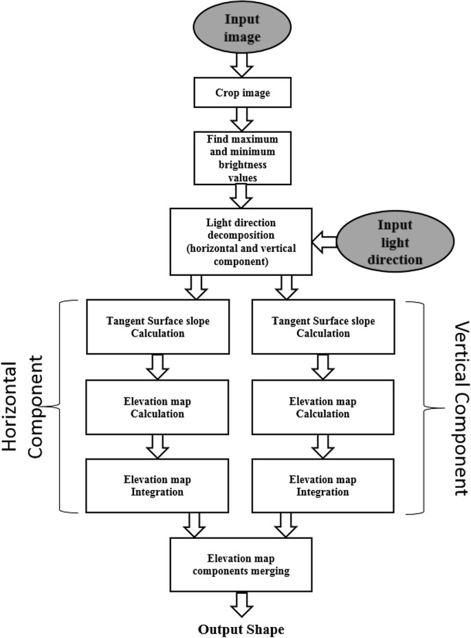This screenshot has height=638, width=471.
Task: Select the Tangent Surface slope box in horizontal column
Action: pyautogui.click(x=155, y=325)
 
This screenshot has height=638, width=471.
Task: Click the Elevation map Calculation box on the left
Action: pyautogui.click(x=155, y=408)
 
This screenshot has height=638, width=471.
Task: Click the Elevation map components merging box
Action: pyautogui.click(x=240, y=564)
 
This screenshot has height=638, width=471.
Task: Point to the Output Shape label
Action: pyautogui.click(x=240, y=628)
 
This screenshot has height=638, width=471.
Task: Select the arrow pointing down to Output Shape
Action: pyautogui.click(x=240, y=604)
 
